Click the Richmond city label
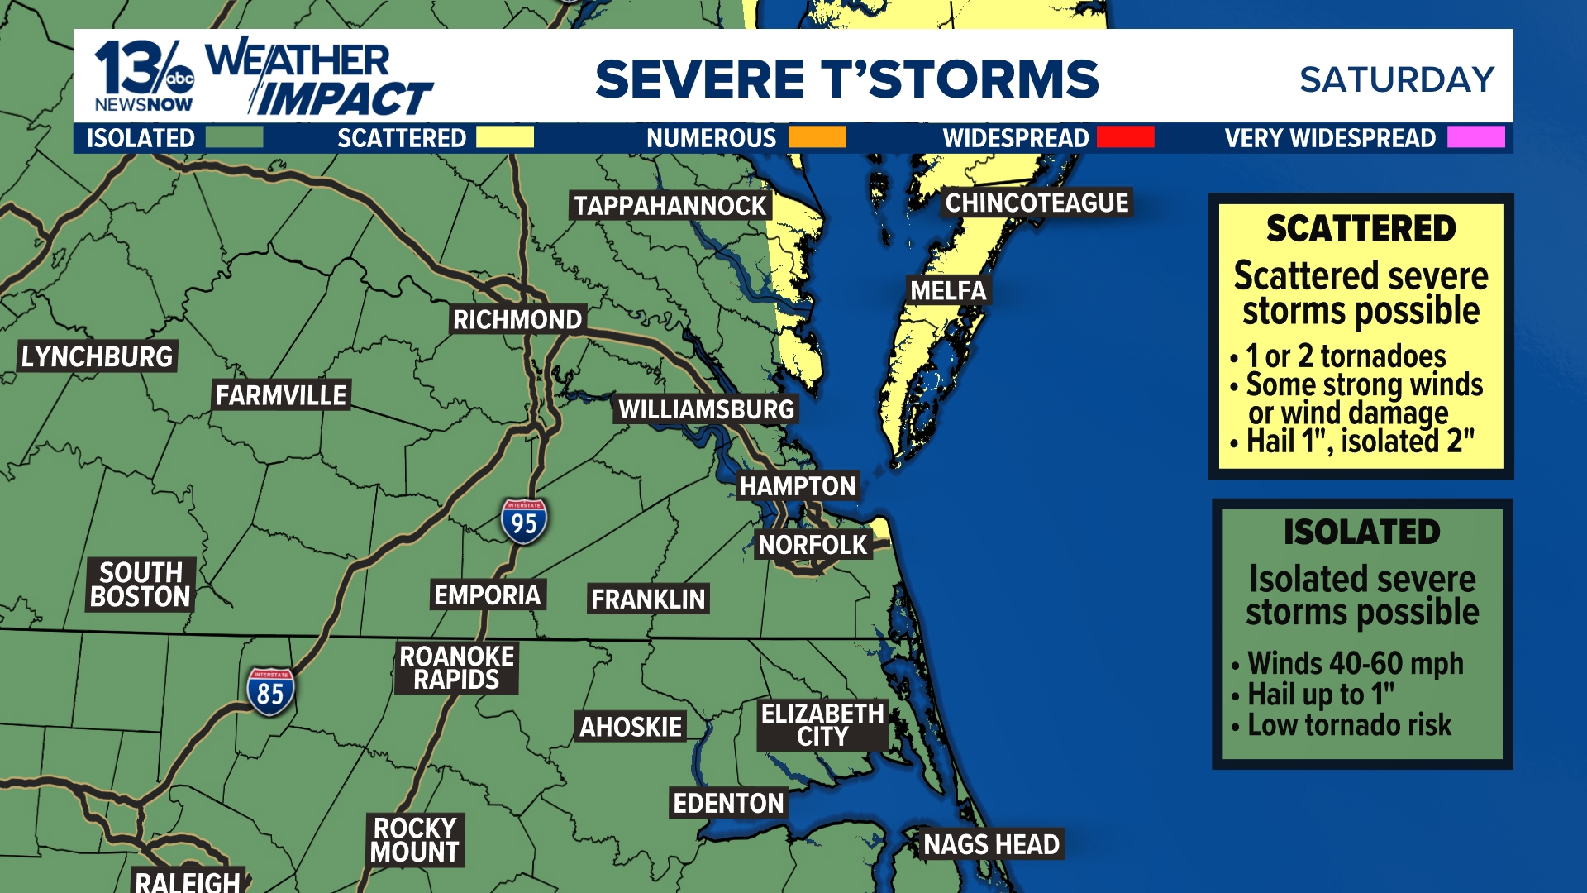pos(517,320)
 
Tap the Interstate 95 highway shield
pos(523,522)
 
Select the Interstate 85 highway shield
pos(270,692)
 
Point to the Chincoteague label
pos(1037,203)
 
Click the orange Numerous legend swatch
pos(817,137)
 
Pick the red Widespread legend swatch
pos(1125,137)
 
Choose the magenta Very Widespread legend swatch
pos(1475,137)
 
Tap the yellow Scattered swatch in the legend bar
pos(504,137)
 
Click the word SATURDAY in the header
pos(1396,80)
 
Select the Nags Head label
pos(991,844)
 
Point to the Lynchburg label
pos(98,356)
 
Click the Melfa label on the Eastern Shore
pos(948,291)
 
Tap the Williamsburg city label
pos(707,409)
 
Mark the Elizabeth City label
pos(822,725)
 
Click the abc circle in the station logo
pos(179,79)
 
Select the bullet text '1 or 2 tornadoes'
pos(1346,356)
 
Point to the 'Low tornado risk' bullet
pos(1349,725)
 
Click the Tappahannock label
pos(670,206)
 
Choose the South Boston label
pos(141,585)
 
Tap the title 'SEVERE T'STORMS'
pos(846,79)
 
